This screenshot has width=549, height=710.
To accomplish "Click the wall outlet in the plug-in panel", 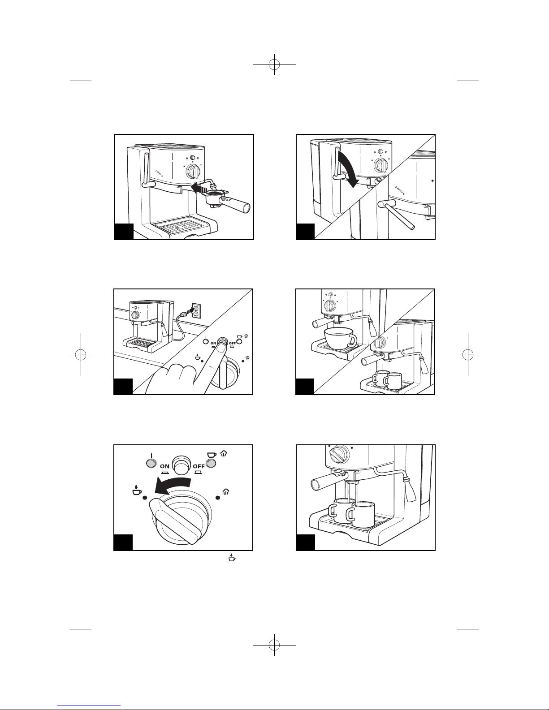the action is point(196,311).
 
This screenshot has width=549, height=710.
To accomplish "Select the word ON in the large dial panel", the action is point(165,466).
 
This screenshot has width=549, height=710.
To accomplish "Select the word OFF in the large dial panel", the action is point(199,466).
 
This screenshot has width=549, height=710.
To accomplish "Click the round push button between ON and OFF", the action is point(182,464).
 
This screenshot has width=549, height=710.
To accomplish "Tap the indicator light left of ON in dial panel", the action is point(150,463).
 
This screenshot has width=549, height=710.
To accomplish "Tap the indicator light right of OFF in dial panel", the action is point(212,463).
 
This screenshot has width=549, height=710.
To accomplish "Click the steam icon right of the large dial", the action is point(226,492).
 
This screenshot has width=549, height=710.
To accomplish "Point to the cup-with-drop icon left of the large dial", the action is point(136,491).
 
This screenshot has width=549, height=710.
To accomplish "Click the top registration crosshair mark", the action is point(274,65).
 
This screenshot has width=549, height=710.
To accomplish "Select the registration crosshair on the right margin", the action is point(468,354).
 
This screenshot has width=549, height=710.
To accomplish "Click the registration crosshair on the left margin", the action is point(81,354).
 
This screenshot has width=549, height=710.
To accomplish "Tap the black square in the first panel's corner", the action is point(124,232).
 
